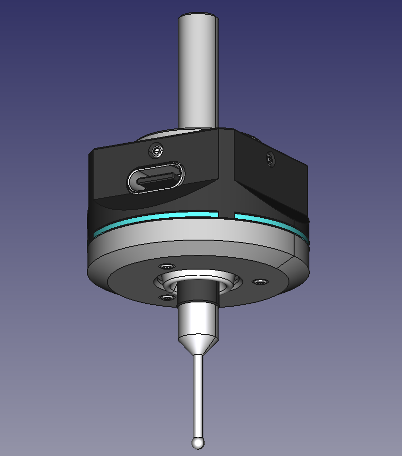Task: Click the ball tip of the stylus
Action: [x=198, y=443]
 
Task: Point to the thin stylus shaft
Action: [x=198, y=395]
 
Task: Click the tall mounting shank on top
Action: [x=198, y=71]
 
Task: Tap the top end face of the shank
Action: [x=199, y=18]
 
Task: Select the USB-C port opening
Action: [x=155, y=178]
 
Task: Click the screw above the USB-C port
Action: [x=156, y=151]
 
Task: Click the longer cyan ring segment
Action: [x=157, y=220]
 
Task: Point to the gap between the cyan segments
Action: [x=226, y=215]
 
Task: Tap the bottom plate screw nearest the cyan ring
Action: [x=167, y=266]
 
